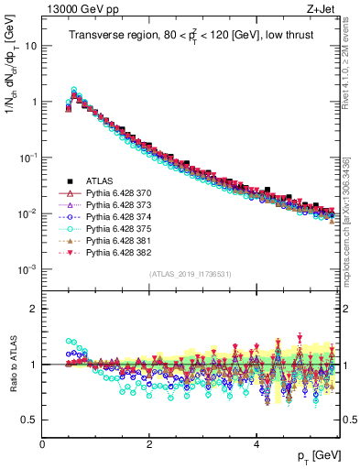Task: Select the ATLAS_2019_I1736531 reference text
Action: click(x=191, y=274)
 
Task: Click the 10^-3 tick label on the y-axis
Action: click(x=27, y=269)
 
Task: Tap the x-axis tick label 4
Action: click(x=256, y=442)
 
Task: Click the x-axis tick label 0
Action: click(x=42, y=442)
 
